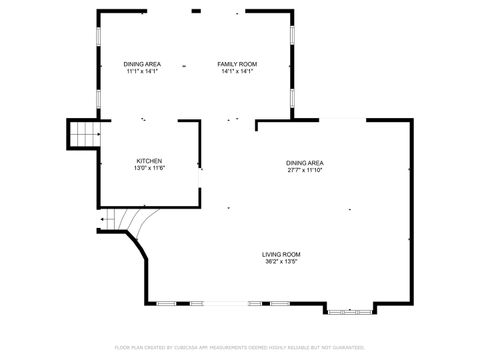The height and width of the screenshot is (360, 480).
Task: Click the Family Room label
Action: (236, 64)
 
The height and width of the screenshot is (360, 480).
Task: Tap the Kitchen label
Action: (149, 161)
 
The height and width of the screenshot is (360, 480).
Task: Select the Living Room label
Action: (282, 255)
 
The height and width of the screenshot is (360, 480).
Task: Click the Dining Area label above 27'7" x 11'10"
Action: (304, 163)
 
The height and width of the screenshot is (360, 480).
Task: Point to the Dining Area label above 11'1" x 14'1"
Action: (142, 64)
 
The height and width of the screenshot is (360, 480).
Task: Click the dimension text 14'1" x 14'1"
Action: (236, 71)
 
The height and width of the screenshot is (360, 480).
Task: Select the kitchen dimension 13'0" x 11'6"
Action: (149, 168)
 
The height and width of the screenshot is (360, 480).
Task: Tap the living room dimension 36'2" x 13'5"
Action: (282, 262)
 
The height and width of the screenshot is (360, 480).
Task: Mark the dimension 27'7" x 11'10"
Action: (304, 170)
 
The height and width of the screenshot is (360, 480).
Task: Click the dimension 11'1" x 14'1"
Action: (142, 71)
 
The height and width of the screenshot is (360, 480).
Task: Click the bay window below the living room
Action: (349, 311)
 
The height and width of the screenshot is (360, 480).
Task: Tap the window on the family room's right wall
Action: (291, 33)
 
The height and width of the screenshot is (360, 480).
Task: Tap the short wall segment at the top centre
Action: (196, 11)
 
